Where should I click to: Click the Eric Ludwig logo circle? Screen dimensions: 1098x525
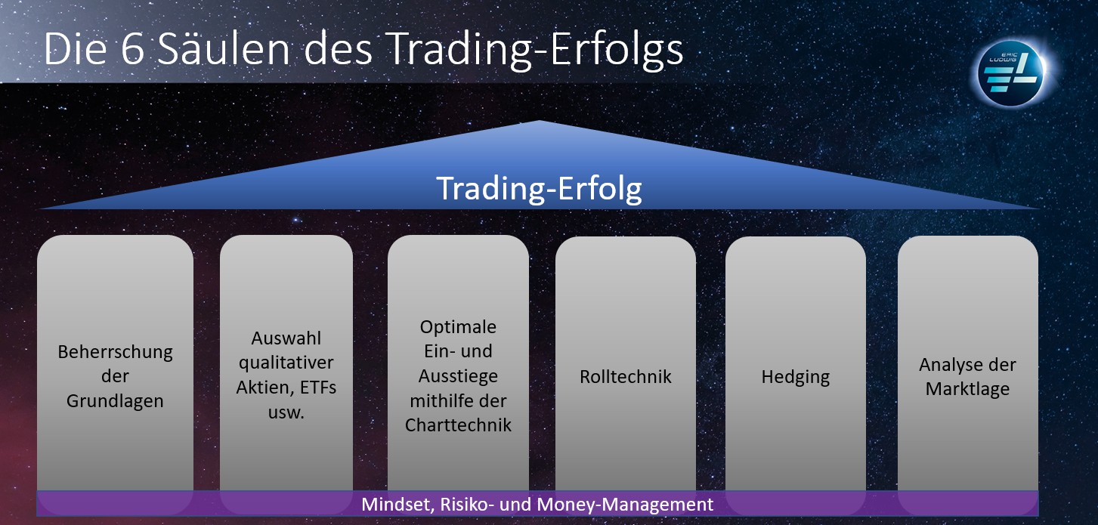point(1011,73)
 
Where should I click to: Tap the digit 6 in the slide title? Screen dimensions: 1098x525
point(131,49)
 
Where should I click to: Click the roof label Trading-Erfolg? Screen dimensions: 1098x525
point(540,189)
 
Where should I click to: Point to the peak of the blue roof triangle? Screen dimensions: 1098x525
point(539,121)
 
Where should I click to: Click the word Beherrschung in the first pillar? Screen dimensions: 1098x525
point(115,352)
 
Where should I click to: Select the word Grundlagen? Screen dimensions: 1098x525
point(115,401)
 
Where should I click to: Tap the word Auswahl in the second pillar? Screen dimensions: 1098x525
point(286,338)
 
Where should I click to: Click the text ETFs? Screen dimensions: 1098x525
point(318,388)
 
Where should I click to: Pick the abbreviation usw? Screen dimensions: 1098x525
point(286,412)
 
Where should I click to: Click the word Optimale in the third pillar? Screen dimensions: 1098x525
point(458,327)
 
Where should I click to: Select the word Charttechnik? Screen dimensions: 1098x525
point(458,425)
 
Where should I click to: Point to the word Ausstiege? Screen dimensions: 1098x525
point(458,376)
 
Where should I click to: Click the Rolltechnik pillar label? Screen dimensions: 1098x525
point(626,376)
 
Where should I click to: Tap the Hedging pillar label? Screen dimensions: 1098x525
point(796,377)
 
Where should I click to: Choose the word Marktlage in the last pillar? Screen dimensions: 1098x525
point(967,389)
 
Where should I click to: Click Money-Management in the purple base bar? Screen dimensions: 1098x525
point(626,505)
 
